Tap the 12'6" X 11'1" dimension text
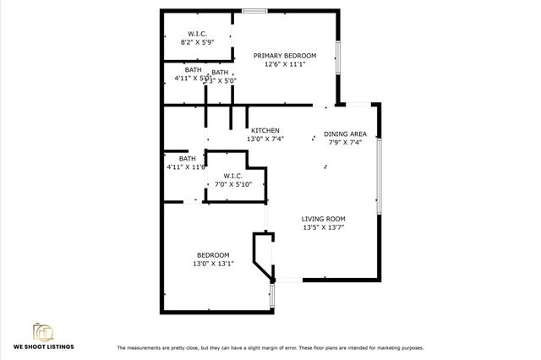click(284, 63)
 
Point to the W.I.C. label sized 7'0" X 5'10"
click(234, 176)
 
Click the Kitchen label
click(265, 130)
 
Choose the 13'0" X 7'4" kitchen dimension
click(265, 139)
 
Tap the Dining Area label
click(345, 134)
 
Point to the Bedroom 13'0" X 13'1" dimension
click(213, 264)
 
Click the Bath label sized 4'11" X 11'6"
click(187, 158)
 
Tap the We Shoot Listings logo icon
click(41, 330)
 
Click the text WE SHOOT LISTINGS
click(42, 346)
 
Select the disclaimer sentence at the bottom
click(270, 347)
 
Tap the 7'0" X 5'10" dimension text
click(233, 184)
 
